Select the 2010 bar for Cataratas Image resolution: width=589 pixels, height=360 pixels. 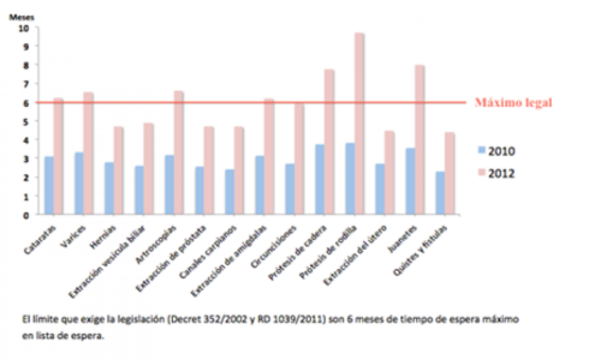[x=49, y=185]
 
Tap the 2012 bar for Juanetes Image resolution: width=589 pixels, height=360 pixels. [x=419, y=140]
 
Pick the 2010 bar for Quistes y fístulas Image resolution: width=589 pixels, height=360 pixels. [x=439, y=193]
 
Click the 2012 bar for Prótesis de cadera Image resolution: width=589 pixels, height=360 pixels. [x=329, y=142]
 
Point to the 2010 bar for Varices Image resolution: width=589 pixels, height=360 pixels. [x=79, y=183]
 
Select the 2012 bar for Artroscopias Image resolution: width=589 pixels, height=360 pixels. [x=178, y=153]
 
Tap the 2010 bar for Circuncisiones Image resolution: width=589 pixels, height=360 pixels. [x=290, y=189]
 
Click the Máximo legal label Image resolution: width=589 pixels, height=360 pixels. [x=513, y=103]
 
